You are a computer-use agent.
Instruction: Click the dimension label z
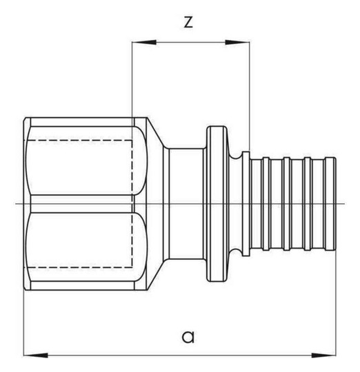click(188, 23)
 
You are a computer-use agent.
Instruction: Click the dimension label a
click(188, 336)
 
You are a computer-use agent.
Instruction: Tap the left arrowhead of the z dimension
click(144, 42)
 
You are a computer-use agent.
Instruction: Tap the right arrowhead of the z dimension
click(237, 42)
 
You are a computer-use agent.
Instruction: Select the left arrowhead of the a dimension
click(36, 355)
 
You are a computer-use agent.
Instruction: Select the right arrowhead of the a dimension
click(324, 355)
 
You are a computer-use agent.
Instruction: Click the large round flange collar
click(217, 203)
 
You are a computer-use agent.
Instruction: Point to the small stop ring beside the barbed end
click(246, 203)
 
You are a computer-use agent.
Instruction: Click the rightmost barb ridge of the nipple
click(330, 203)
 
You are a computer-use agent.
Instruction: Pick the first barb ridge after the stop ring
click(266, 203)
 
